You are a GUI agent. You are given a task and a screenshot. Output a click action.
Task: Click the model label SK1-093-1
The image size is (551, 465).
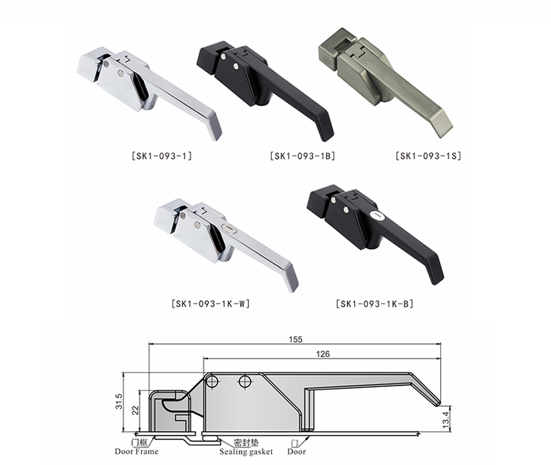162,156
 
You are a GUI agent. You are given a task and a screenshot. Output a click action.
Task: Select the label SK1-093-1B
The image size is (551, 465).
303,156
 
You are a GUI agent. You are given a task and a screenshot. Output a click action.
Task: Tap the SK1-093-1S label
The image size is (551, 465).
428,156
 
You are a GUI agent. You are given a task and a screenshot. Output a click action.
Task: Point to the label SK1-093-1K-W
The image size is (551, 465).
211,303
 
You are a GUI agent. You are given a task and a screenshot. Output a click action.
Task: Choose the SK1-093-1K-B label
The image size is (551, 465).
375,303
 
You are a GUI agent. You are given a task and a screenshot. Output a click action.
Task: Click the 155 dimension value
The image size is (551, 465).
295,339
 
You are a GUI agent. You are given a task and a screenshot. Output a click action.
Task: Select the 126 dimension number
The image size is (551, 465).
323,354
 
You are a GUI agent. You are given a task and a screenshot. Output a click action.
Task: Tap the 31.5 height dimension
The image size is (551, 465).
119,401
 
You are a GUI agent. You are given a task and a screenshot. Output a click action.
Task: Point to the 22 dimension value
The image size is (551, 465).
136,410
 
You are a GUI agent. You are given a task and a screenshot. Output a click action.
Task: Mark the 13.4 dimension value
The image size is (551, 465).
446,419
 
